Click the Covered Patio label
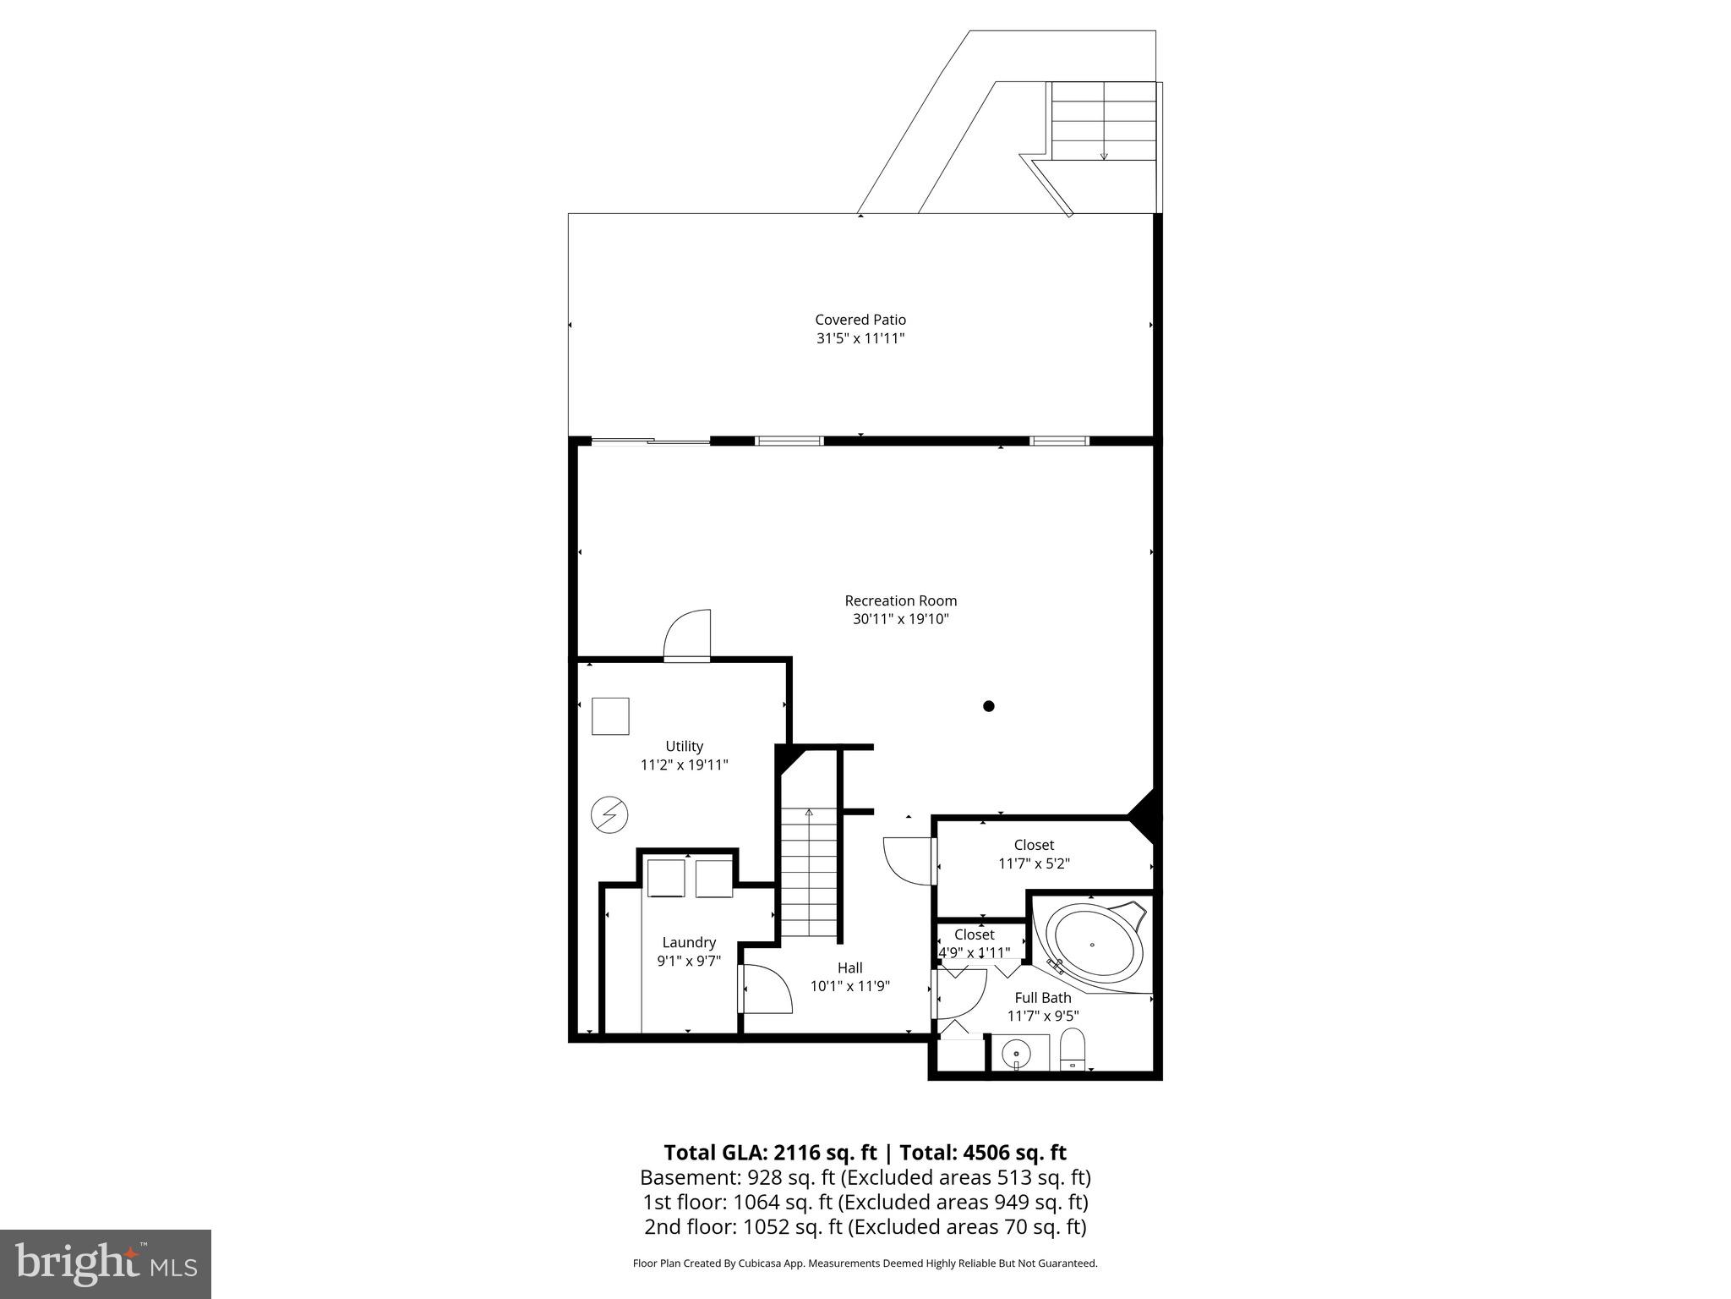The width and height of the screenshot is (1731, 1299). coord(860,320)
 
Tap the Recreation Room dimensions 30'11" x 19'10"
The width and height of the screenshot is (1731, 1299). coord(901,619)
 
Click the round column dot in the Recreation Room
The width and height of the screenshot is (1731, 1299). coord(988,706)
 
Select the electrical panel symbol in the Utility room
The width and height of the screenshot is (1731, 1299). coord(609,815)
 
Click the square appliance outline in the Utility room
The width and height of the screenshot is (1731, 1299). coord(609,716)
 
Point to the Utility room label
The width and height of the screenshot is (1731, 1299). coord(684,746)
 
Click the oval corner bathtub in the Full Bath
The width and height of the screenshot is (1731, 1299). coord(1094,942)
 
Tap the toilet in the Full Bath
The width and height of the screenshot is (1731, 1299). coord(1072,1050)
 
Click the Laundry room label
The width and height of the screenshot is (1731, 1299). coord(689,942)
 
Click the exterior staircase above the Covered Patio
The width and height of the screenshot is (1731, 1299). coord(1103,120)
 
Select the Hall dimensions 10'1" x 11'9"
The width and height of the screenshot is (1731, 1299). coord(849,986)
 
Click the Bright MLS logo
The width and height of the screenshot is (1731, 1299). coord(106,1263)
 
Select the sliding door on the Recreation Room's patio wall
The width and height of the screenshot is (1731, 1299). coord(650,441)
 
